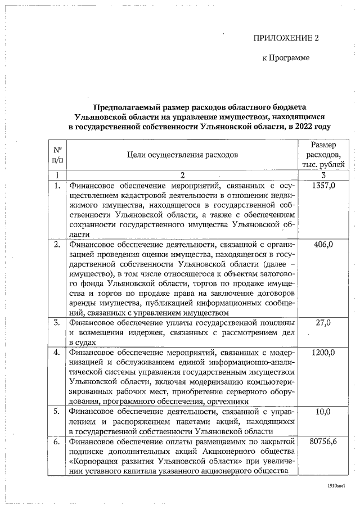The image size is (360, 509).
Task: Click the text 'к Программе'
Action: click(286, 58)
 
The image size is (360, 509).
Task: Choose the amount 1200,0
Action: click(323, 353)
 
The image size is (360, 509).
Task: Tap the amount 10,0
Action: click(323, 411)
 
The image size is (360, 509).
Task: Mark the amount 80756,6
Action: click(323, 442)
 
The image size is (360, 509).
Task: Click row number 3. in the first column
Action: click(57, 323)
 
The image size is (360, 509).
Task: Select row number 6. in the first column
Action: click(57, 442)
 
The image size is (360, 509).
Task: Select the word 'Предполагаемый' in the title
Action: click(126, 107)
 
